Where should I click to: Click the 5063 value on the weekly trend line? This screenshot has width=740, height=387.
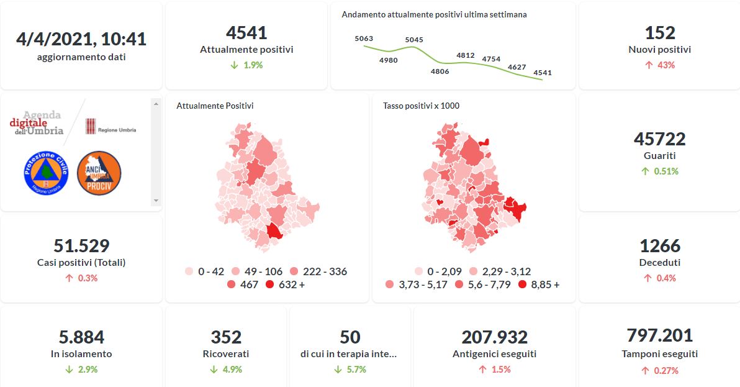pyautogui.click(x=364, y=39)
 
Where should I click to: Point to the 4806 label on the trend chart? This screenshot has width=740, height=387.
pyautogui.click(x=440, y=71)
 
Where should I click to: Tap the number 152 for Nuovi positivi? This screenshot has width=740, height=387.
pyautogui.click(x=659, y=32)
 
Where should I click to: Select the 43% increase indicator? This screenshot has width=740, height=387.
pyautogui.click(x=659, y=65)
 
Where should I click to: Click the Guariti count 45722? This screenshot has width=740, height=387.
pyautogui.click(x=659, y=139)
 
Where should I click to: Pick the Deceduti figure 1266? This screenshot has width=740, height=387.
pyautogui.click(x=659, y=245)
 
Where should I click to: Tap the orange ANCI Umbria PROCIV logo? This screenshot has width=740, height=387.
pyautogui.click(x=99, y=173)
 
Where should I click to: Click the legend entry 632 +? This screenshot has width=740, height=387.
pyautogui.click(x=284, y=285)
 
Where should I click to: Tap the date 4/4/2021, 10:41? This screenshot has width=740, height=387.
pyautogui.click(x=81, y=39)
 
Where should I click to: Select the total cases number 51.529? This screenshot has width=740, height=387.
pyautogui.click(x=81, y=245)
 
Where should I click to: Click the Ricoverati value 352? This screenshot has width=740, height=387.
pyautogui.click(x=226, y=337)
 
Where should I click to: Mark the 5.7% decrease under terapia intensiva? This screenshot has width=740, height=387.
pyautogui.click(x=350, y=369)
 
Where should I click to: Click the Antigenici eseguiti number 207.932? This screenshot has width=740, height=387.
pyautogui.click(x=494, y=337)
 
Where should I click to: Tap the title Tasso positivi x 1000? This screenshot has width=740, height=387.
pyautogui.click(x=421, y=106)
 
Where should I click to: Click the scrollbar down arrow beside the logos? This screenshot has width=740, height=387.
pyautogui.click(x=156, y=201)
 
